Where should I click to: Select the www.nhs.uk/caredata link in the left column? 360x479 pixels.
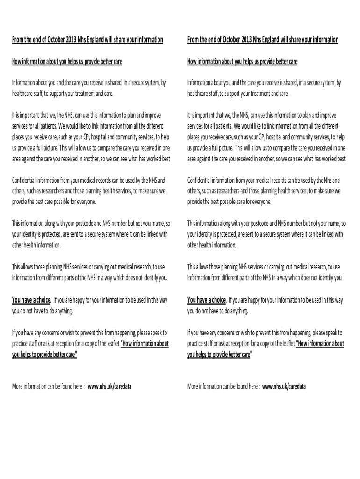(109, 387)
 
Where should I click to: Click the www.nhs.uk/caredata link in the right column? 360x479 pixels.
(284, 387)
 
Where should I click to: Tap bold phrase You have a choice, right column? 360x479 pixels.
(206, 300)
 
